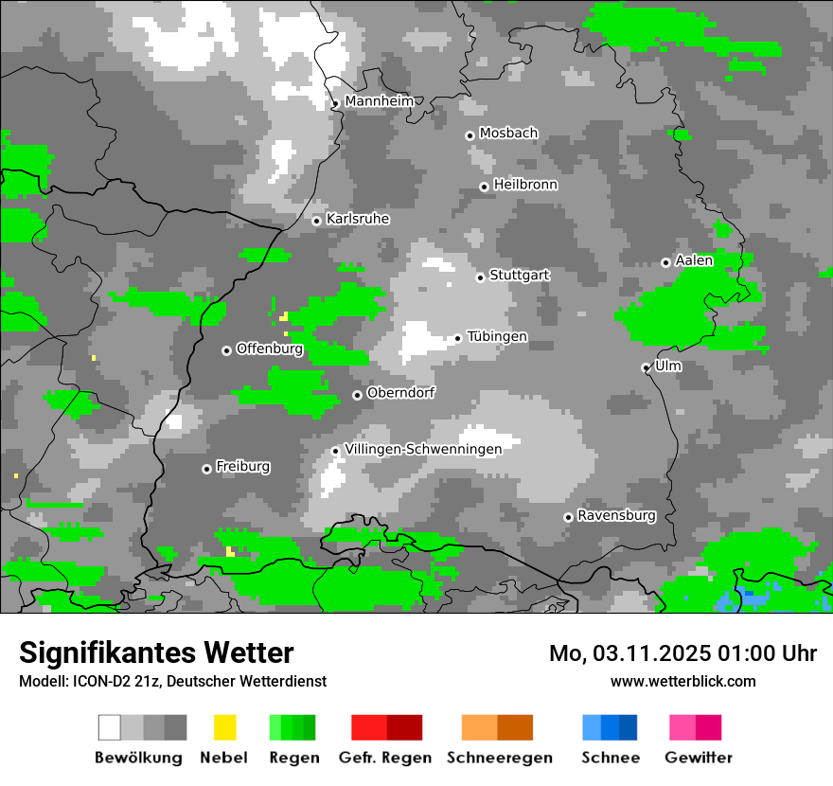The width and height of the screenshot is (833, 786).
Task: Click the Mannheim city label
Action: (x=379, y=101)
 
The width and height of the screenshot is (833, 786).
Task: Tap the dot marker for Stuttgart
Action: (x=481, y=277)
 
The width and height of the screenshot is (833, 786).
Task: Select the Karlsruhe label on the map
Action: (x=358, y=219)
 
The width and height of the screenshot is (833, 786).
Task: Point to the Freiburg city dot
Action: (x=206, y=469)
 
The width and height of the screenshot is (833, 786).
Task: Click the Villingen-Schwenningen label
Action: (x=423, y=449)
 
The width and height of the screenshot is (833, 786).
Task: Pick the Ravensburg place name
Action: (x=616, y=516)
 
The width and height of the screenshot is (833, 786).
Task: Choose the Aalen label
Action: (x=694, y=260)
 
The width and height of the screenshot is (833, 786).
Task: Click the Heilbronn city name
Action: (x=525, y=185)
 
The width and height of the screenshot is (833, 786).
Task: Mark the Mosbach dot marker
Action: (x=470, y=135)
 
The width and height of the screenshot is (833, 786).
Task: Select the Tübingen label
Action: (x=497, y=336)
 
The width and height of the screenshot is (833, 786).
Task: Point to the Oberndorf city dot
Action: (x=357, y=395)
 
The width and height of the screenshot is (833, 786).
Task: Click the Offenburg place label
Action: (x=270, y=348)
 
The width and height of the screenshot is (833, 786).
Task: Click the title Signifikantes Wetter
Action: (x=156, y=652)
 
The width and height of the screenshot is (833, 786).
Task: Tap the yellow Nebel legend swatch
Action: (x=224, y=727)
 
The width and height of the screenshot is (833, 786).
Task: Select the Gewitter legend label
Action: (x=699, y=758)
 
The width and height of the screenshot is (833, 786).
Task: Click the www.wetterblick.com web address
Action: (x=683, y=681)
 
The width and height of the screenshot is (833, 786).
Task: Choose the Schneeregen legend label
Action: (x=500, y=758)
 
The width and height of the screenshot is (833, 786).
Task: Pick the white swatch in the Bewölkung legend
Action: (x=110, y=727)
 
